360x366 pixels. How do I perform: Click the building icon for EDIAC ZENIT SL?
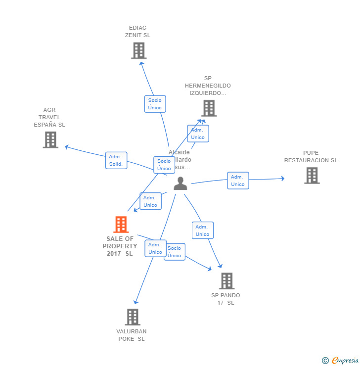click(139, 50)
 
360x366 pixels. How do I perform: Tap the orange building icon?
click(121, 225)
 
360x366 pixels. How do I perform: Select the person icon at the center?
click(180, 183)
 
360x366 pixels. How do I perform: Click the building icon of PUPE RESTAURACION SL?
click(312, 175)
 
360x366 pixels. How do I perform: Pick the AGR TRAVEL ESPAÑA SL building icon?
click(50, 140)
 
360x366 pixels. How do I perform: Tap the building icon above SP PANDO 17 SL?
click(226, 281)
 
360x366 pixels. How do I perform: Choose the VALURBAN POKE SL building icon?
click(133, 317)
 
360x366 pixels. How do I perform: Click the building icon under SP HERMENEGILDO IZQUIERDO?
click(209, 108)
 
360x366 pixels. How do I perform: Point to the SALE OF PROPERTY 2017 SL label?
click(120, 246)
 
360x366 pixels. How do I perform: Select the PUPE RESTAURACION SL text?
click(311, 157)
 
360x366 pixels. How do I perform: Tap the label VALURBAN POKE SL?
click(132, 335)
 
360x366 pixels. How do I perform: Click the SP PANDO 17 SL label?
click(225, 299)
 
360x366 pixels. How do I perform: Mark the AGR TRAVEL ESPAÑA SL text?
click(49, 117)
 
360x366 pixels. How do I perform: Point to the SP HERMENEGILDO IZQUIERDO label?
click(208, 86)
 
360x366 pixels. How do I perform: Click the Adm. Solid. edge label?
click(116, 160)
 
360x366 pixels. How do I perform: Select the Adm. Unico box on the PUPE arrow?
click(238, 181)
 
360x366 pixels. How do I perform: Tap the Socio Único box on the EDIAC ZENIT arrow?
click(155, 104)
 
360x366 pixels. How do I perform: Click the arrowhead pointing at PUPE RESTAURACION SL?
click(282, 179)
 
